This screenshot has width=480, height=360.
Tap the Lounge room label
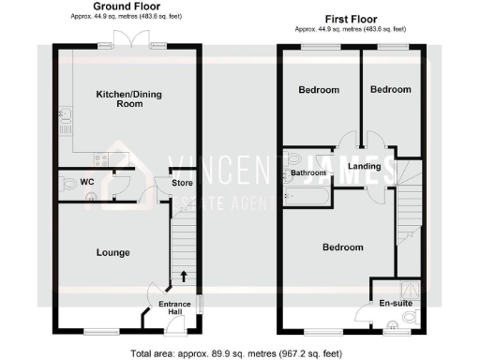(112, 252)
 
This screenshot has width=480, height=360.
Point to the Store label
(182, 183)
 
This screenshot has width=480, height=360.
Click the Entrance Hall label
(173, 307)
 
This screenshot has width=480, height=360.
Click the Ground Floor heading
(126, 7)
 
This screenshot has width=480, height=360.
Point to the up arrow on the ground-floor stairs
(183, 276)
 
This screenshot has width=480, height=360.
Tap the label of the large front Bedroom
(342, 247)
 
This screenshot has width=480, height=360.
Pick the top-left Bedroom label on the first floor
(318, 90)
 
